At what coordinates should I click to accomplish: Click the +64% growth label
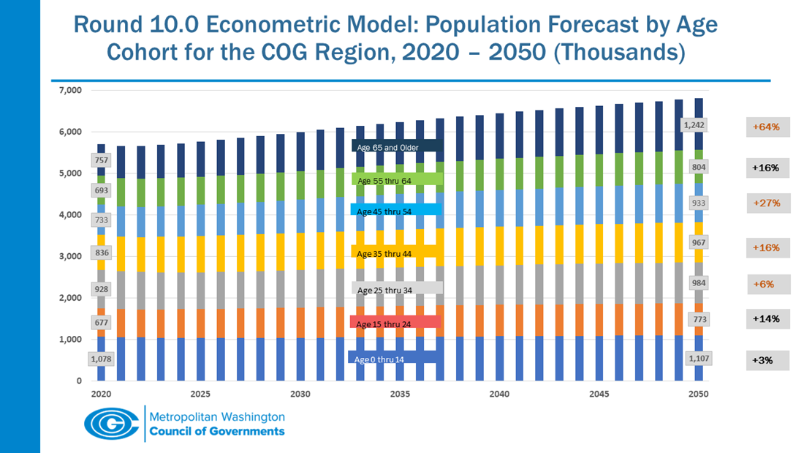pos(767,127)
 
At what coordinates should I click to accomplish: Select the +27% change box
pos(767,203)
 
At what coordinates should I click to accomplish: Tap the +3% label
pos(767,360)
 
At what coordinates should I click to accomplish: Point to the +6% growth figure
pos(767,284)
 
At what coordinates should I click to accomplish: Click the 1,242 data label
pos(694,126)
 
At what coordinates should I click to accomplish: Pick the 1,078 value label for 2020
pos(102,359)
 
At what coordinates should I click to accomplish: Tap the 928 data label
pos(102,289)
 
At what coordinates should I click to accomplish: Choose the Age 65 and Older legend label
pos(395,147)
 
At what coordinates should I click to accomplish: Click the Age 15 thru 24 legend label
pos(395,323)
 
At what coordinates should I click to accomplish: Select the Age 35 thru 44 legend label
pos(395,252)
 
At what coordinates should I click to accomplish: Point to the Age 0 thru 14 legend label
pos(395,359)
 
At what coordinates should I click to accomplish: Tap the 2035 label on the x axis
pos(399,394)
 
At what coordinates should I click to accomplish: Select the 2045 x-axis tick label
pos(599,394)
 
